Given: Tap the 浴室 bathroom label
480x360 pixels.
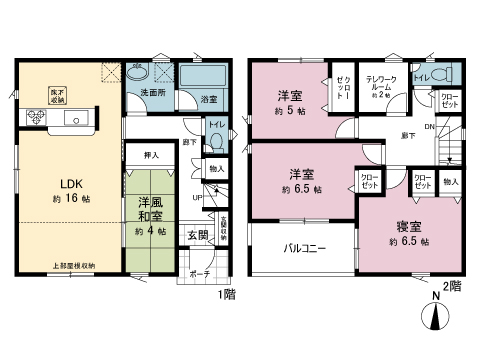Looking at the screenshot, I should click(x=208, y=100).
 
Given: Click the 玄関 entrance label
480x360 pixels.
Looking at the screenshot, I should click(x=197, y=236).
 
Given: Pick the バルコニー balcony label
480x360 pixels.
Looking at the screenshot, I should click(x=303, y=245).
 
